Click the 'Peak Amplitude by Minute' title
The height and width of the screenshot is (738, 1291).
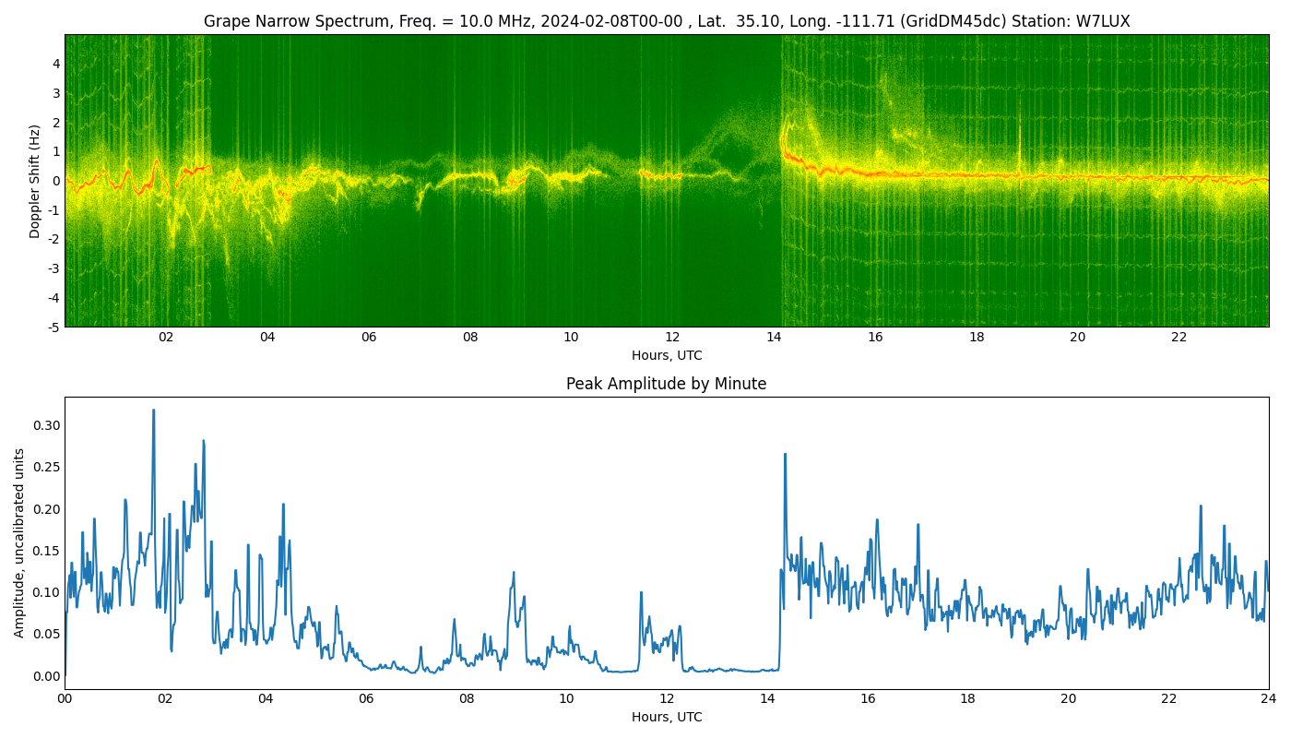(x=666, y=384)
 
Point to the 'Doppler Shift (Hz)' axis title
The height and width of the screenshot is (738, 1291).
(x=35, y=181)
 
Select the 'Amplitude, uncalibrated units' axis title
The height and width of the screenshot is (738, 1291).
(x=19, y=543)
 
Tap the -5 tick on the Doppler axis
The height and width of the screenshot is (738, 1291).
(x=53, y=327)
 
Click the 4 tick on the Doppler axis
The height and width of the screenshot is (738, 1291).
(x=56, y=64)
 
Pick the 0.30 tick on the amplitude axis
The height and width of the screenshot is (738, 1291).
(x=47, y=425)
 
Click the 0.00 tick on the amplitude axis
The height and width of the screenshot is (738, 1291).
(x=47, y=676)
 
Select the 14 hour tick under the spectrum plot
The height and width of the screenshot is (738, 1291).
(x=774, y=338)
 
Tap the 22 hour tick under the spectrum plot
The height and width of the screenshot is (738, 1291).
(x=1178, y=338)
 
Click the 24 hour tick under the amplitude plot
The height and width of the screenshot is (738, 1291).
(x=1269, y=699)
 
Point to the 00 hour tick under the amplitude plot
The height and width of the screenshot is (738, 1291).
(x=65, y=699)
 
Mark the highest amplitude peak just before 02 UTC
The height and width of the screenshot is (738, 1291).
(x=153, y=410)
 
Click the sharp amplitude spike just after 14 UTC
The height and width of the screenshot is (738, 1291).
(x=785, y=454)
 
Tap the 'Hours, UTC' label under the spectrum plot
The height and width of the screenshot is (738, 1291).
(x=667, y=356)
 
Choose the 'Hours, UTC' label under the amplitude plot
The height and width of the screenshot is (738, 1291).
(x=667, y=718)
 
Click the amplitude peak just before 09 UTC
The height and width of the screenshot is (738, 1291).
(x=514, y=573)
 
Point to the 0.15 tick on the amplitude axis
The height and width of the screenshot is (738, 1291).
(x=47, y=551)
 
